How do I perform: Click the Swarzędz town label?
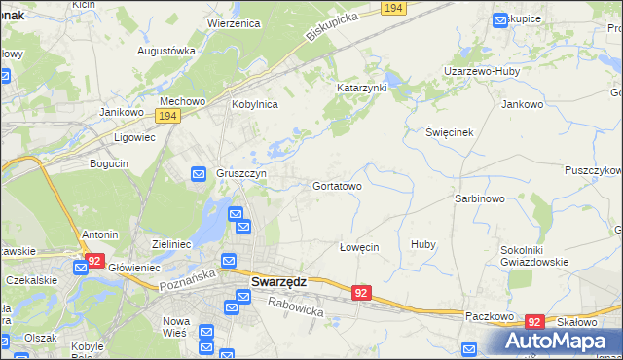[x=278, y=282]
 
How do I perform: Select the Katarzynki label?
[x=362, y=88]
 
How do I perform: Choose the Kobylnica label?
[x=254, y=104]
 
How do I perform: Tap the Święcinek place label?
[x=450, y=131]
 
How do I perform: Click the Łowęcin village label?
[x=358, y=247]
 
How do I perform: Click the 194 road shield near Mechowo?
[x=167, y=116]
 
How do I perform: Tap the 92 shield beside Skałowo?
[x=533, y=321]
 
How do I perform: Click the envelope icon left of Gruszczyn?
[x=198, y=174]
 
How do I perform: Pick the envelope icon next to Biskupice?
[x=500, y=18]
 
